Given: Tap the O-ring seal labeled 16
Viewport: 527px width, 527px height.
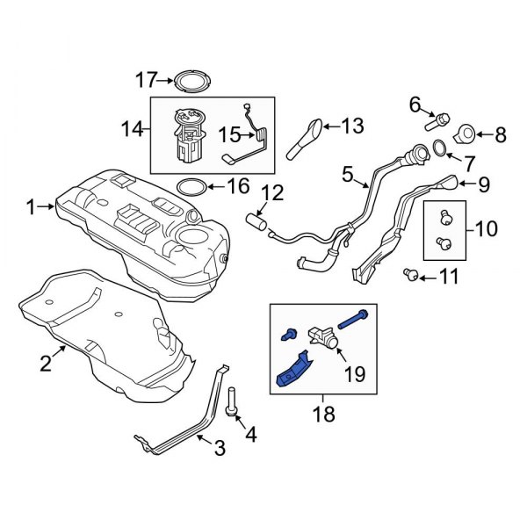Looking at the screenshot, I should pyautogui.click(x=192, y=187).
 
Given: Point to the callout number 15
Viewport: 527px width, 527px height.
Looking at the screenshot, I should pyautogui.click(x=228, y=134).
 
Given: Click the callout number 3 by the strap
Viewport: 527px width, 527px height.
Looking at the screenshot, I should pyautogui.click(x=219, y=449).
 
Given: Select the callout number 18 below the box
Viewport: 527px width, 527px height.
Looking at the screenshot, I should pyautogui.click(x=324, y=414).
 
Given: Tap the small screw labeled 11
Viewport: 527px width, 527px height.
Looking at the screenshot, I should pyautogui.click(x=409, y=275).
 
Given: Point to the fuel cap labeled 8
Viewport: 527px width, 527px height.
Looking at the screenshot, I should pyautogui.click(x=466, y=134).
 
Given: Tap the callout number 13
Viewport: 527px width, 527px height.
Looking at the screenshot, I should pyautogui.click(x=351, y=126).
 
